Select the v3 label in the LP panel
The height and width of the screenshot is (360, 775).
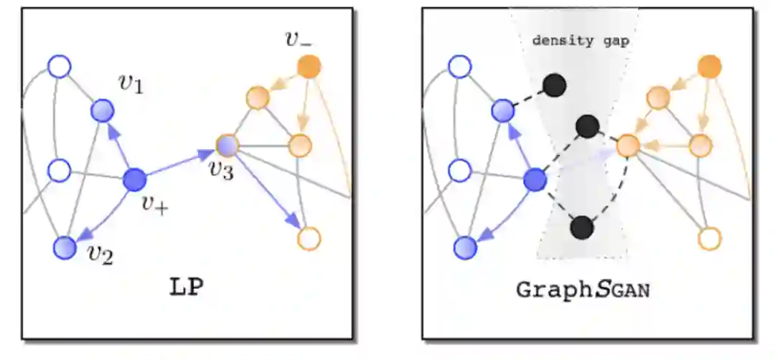(220, 170)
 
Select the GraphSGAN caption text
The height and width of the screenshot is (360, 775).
(583, 290)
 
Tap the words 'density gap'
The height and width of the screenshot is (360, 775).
(581, 41)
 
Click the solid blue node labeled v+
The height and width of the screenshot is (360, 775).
(134, 179)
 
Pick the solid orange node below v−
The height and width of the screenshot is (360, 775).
(309, 67)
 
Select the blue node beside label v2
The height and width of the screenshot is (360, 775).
(65, 247)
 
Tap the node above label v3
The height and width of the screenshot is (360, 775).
(227, 145)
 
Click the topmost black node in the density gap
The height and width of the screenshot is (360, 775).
(554, 86)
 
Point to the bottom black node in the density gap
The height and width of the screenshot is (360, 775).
(582, 228)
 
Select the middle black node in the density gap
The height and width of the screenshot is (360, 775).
(588, 126)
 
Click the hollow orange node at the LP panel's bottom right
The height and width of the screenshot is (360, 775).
(309, 238)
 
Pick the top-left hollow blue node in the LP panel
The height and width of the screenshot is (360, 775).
(60, 67)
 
